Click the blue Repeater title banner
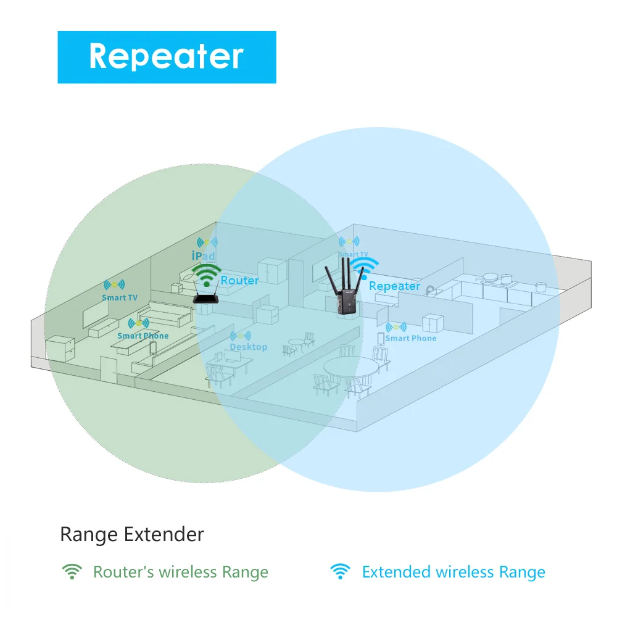coord(167,57)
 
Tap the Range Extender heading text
coord(131,534)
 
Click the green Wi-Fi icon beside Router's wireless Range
coord(72,572)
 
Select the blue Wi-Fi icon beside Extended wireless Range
coord(340,572)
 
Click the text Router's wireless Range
coord(180,572)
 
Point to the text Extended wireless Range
coord(453,572)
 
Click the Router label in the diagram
coord(239,281)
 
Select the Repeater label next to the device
coord(394,286)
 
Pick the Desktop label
coord(248,347)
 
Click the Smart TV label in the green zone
coord(119,297)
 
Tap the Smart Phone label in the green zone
coord(143,336)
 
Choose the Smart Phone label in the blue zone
coord(410,338)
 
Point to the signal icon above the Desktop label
coord(240,336)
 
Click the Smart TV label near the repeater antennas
coord(353,254)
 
